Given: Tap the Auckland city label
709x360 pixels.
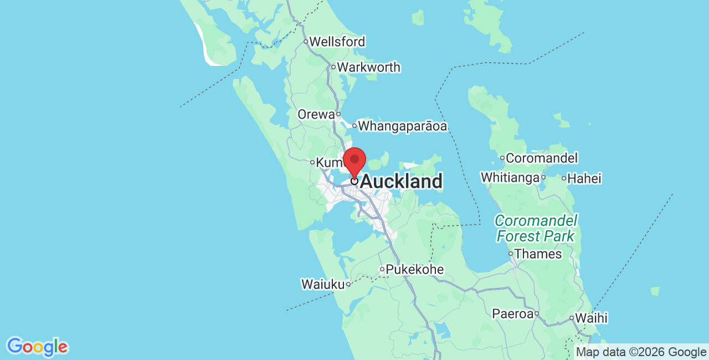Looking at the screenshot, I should pos(401,182).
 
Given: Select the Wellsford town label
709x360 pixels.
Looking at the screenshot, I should pos(337,42).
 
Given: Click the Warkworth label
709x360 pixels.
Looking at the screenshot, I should pos(368,68).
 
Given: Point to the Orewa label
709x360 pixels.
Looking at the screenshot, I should pos(316,115).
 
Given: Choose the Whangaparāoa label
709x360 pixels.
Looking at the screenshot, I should pos(402,126).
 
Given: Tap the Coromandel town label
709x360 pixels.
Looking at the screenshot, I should pos(542,158).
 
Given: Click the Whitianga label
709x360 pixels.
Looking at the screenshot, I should pos(510,178).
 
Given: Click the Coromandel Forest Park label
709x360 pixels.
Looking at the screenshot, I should pos(536,228).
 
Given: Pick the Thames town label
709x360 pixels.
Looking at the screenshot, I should pos(538,254).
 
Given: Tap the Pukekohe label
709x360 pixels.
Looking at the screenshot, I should pos(415,270).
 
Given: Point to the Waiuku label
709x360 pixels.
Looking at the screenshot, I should pos(322,284).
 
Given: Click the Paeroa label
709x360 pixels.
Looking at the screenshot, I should pos(512,314).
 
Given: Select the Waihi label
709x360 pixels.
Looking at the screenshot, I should pos(591,318).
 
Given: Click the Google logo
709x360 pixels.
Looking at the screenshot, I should pos(37,347).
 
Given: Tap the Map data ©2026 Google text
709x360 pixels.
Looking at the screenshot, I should pos(641,352).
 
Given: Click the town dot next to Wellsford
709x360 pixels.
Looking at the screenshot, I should pos(305,42).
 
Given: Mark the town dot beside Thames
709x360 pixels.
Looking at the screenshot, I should pos(511,254).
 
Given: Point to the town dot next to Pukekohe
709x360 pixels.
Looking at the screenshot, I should pos(382,270).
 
